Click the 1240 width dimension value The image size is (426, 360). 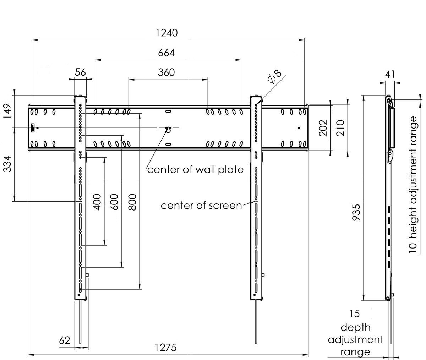point(166,33)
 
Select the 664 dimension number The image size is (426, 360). point(166,53)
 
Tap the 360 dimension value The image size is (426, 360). point(166,72)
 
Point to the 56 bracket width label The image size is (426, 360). point(81,72)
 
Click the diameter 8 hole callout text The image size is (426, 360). point(275,76)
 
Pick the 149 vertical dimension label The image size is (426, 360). point(8,111)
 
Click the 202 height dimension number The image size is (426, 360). point(323,128)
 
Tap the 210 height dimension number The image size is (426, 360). point(340,128)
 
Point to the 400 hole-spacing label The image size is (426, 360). point(97,202)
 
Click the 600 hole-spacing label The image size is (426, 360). point(114,202)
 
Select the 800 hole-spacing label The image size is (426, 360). point(132,202)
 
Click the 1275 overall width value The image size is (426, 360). point(166,348)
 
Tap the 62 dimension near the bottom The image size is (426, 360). point(65,341)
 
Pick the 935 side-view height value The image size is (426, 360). point(356,212)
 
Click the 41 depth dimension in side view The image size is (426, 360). point(390,74)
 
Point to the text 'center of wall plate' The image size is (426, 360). point(195,170)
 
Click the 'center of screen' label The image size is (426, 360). point(201,206)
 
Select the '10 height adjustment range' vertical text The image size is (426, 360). point(413,183)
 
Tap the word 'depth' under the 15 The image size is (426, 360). point(355,327)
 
